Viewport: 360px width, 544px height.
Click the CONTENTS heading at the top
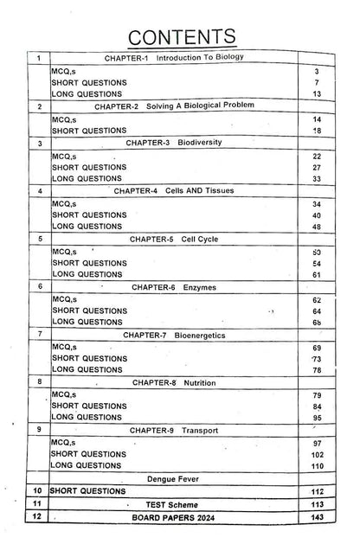coord(179,35)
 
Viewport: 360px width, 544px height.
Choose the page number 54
coord(318,262)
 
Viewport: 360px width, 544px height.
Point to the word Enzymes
coord(201,285)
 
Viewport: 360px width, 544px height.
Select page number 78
coord(318,370)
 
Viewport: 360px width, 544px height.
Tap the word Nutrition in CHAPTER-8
coord(200,381)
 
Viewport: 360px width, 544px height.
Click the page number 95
coord(318,418)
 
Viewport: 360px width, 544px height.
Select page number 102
coord(318,454)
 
